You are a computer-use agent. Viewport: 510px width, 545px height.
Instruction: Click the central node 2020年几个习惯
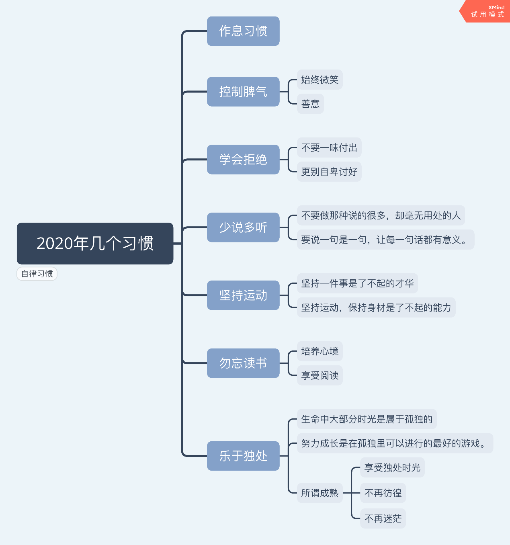[95, 244]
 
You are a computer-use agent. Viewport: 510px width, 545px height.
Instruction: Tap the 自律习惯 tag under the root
[37, 274]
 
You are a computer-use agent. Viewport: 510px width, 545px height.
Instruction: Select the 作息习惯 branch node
[243, 31]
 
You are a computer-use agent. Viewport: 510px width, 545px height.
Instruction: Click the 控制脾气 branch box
[243, 92]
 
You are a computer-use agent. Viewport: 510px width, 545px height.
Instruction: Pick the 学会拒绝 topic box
[243, 160]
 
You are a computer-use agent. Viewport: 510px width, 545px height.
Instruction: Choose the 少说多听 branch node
[243, 227]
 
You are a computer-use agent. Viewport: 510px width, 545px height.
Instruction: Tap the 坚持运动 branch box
[243, 295]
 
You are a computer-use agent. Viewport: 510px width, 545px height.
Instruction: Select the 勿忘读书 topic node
[243, 363]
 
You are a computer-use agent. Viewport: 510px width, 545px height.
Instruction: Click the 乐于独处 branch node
[243, 456]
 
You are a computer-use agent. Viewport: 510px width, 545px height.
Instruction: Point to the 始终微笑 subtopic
[320, 80]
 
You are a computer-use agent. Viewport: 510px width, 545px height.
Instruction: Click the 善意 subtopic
[310, 104]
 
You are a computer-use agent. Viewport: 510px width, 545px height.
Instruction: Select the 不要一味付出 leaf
[329, 148]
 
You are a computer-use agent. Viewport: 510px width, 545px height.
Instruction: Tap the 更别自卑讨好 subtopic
[329, 172]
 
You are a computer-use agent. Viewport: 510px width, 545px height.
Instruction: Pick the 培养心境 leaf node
[320, 351]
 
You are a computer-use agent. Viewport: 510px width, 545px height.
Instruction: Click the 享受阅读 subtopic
[320, 375]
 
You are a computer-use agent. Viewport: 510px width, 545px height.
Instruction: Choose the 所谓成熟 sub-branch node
[320, 493]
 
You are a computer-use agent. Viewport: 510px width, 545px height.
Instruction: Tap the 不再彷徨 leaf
[383, 493]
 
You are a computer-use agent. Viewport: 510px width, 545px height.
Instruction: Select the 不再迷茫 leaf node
[383, 518]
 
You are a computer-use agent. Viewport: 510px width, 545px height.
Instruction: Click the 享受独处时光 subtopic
[392, 467]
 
